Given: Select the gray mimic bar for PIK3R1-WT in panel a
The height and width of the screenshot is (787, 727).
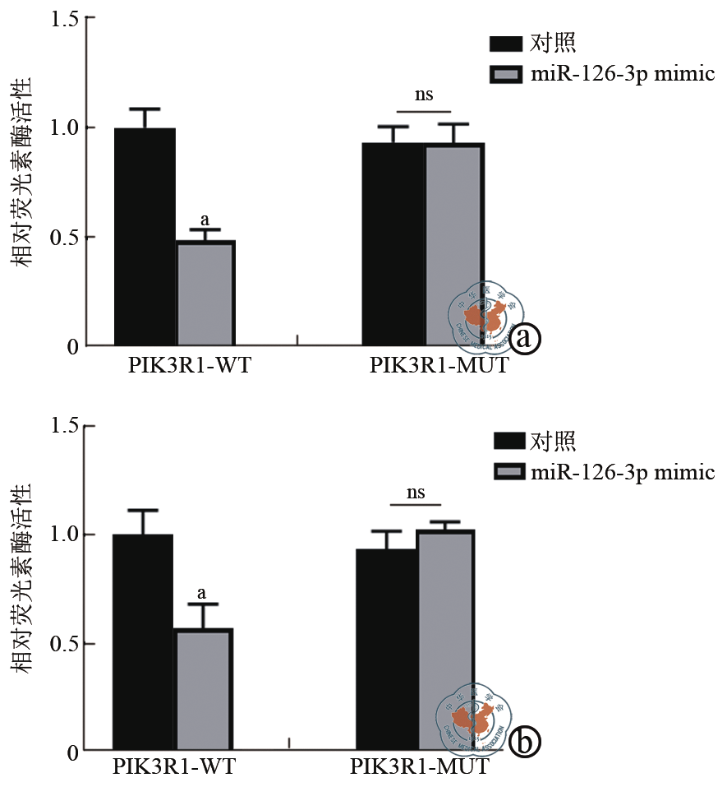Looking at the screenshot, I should [x=205, y=293].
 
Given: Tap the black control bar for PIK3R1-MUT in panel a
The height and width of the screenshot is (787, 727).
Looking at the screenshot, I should [x=393, y=244].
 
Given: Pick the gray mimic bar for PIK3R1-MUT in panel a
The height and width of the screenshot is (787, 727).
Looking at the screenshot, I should [x=453, y=244].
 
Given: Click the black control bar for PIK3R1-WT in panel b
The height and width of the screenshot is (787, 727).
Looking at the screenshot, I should [x=143, y=642].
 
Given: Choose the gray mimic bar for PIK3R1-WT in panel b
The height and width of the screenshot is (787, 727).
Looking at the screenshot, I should [x=203, y=689].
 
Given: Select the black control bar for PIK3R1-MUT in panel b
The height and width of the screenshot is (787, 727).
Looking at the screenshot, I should [x=386, y=650].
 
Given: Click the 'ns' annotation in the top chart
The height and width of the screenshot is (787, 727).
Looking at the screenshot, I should [x=424, y=95].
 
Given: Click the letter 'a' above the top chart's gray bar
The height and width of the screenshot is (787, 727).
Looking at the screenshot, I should [x=205, y=220].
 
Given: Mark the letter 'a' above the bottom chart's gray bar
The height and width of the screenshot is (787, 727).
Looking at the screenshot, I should [x=202, y=593].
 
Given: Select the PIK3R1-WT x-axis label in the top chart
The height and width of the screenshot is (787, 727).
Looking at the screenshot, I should [x=189, y=366].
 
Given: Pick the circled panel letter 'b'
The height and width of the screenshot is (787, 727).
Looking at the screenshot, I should [x=524, y=743].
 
